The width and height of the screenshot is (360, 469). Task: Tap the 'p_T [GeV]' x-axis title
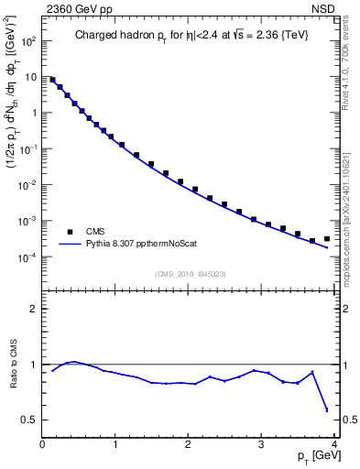tap(311, 454)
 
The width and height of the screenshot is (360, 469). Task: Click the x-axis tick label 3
tap(261, 444)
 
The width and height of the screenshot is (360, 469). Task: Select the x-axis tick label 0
tap(42, 444)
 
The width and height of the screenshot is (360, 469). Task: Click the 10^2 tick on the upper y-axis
tap(27, 41)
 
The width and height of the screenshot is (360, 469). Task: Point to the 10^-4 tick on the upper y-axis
tap(27, 257)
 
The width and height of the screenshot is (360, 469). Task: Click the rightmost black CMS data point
tap(326, 239)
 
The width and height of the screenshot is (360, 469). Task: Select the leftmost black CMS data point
tap(52, 80)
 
